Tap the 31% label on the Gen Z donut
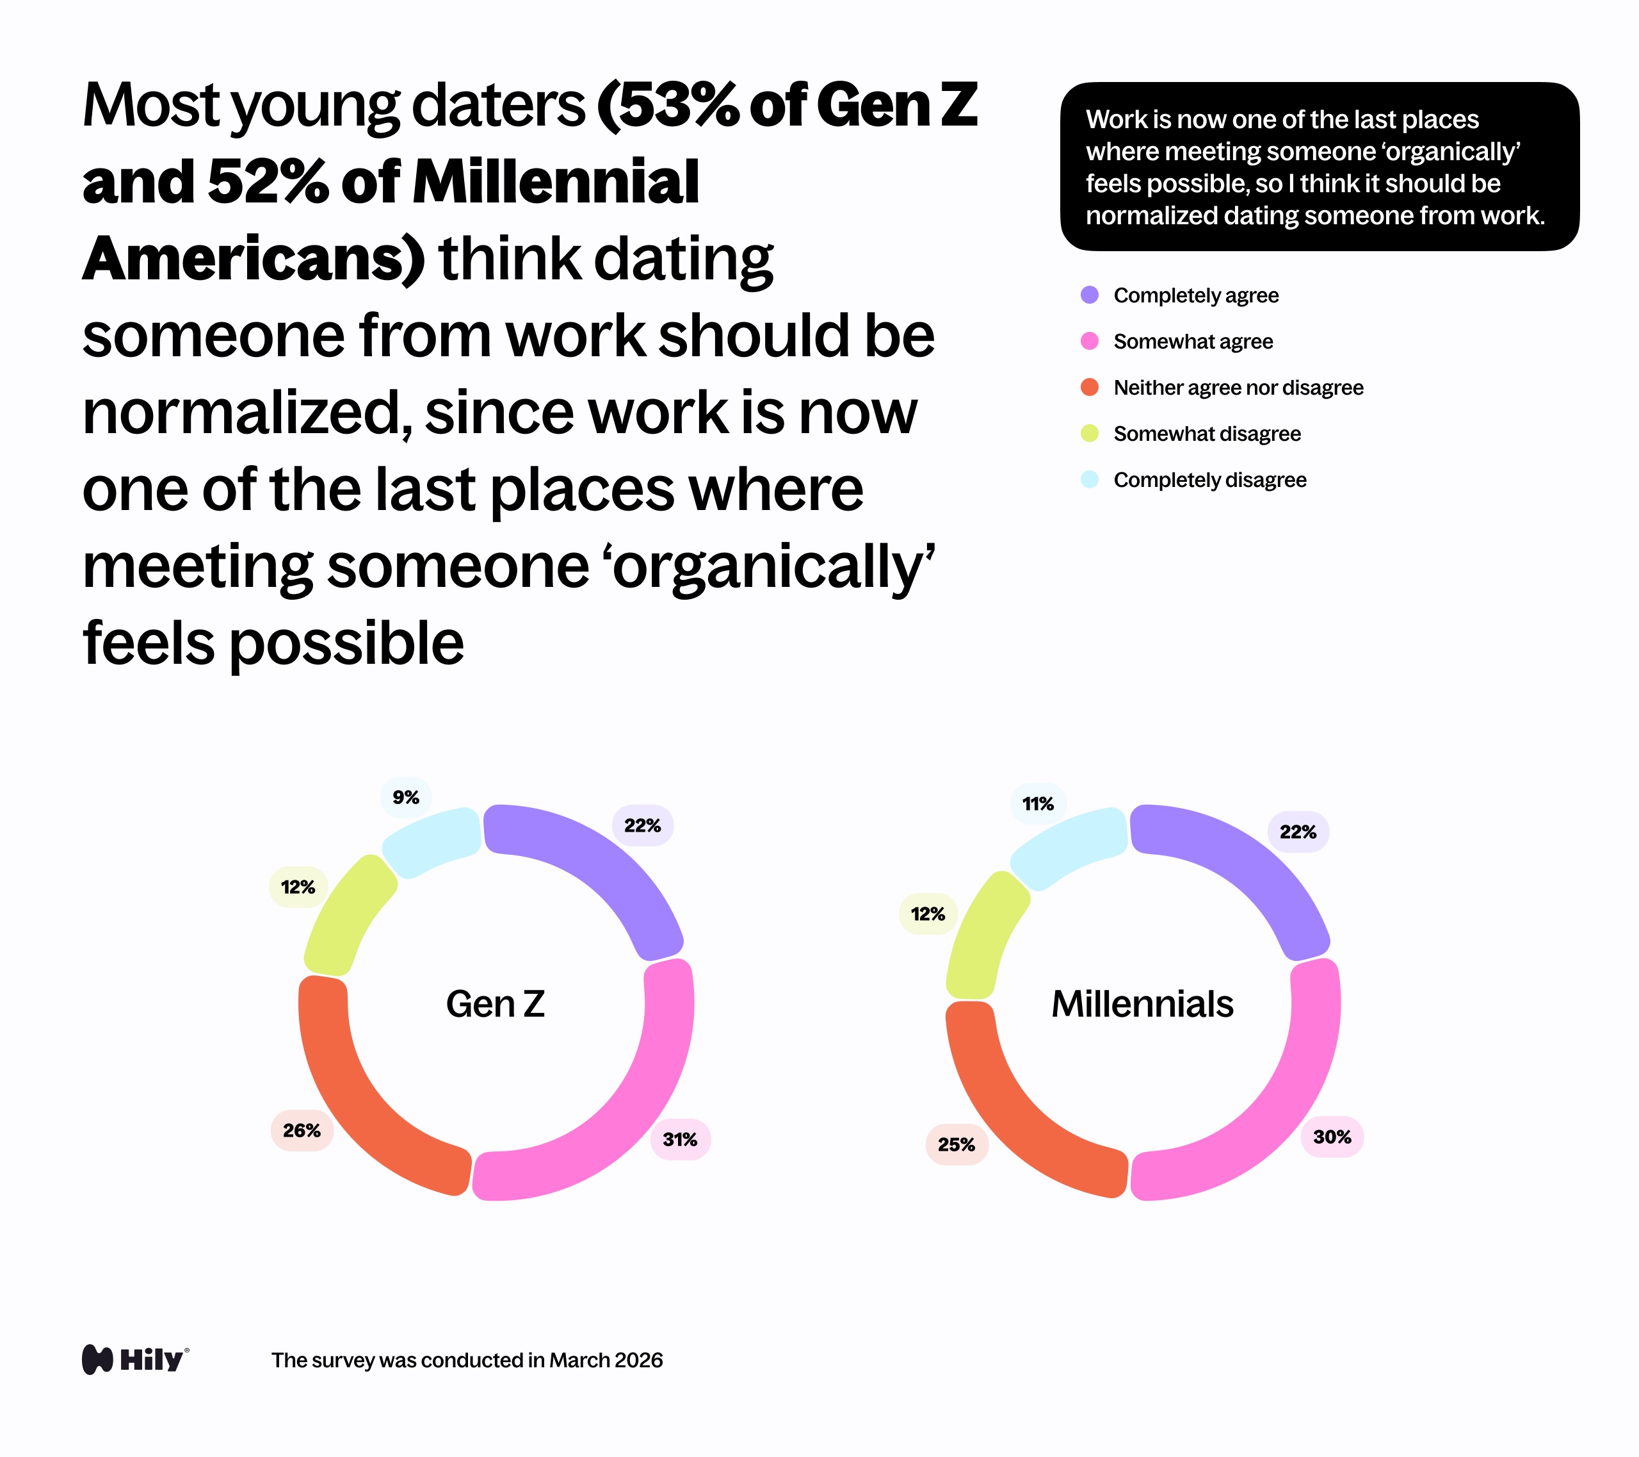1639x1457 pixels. [x=680, y=1139]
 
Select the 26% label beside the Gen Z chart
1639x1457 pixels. [x=302, y=1130]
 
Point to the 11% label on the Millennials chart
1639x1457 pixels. [x=1038, y=804]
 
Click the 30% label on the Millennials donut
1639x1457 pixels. [x=1332, y=1137]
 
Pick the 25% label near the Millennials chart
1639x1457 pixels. [x=957, y=1144]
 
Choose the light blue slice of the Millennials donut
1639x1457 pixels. [x=1067, y=846]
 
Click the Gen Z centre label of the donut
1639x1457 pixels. [x=496, y=1004]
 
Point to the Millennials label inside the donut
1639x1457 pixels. [x=1142, y=1004]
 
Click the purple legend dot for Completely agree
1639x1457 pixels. [x=1090, y=295]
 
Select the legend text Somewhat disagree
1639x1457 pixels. [x=1207, y=434]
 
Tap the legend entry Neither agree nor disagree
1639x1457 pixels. [x=1238, y=388]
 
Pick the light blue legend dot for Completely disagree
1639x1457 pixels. [x=1090, y=480]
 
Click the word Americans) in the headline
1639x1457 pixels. [x=254, y=259]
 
